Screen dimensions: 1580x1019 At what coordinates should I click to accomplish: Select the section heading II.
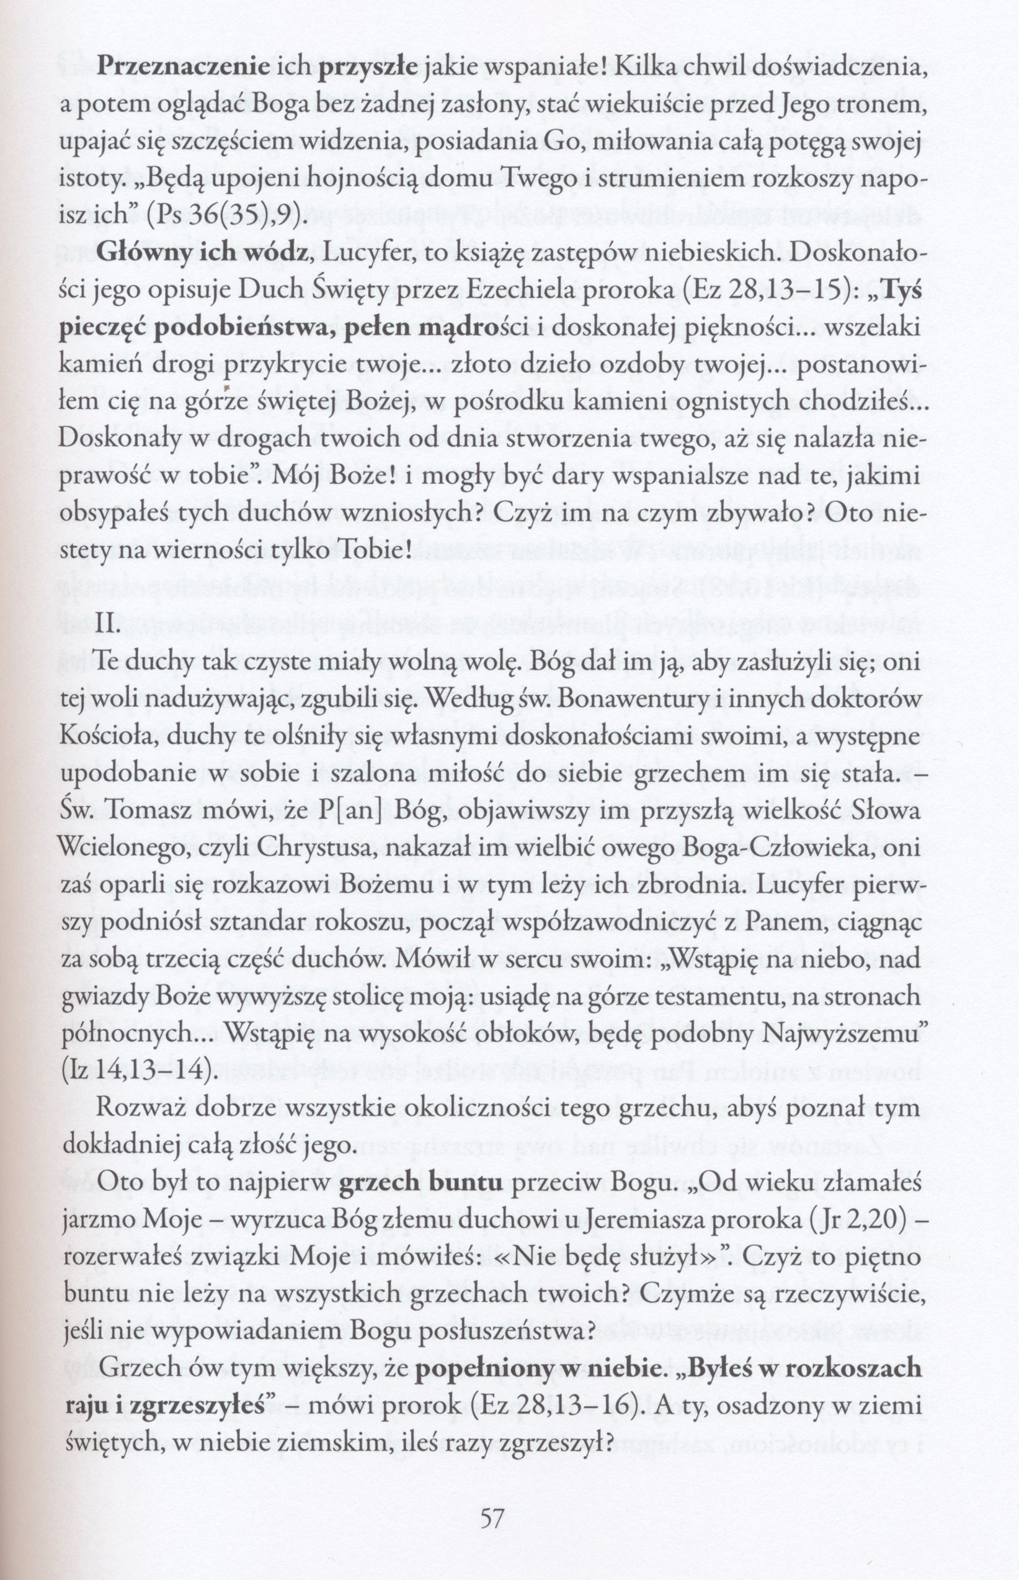coord(109,626)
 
